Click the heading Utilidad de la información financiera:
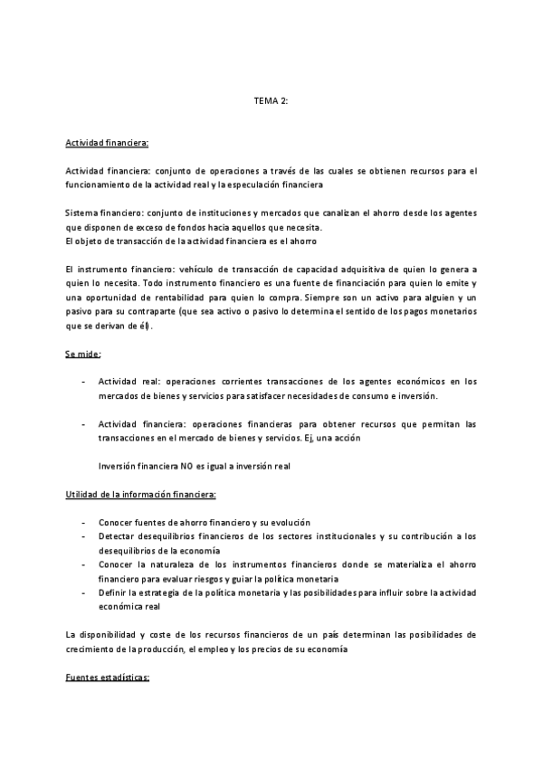point(140,495)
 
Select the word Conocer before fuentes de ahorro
point(118,523)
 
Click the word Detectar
point(119,536)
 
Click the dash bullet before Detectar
point(84,536)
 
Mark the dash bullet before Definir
point(84,592)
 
